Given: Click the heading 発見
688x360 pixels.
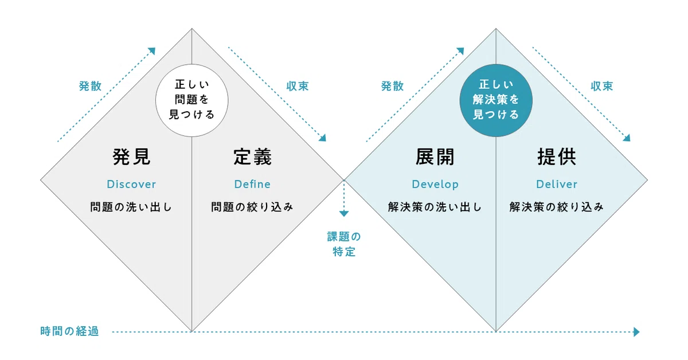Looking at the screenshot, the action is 131,157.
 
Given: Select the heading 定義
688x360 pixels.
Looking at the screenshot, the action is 252,157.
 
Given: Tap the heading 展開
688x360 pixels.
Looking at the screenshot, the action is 435,157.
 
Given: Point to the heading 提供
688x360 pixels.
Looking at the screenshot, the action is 557,157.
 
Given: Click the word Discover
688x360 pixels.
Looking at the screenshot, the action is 131,185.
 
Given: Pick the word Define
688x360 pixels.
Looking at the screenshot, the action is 252,185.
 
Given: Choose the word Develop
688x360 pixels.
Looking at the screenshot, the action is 435,185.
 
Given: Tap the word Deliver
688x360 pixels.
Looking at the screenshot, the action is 557,185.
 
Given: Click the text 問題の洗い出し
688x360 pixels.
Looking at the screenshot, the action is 131,207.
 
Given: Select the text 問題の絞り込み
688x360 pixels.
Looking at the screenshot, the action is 252,207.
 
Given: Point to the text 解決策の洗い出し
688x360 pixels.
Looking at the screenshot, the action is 435,207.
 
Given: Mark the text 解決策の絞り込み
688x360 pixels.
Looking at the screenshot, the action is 557,207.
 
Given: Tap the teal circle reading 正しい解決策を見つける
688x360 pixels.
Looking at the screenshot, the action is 496,100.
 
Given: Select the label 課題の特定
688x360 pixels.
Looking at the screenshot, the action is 344,244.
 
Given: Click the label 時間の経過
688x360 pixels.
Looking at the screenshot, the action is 70,331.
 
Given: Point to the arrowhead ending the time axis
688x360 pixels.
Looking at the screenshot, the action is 636,332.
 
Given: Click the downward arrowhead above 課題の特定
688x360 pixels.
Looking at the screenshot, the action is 344,214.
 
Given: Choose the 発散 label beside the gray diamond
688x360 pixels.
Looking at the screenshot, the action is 91,87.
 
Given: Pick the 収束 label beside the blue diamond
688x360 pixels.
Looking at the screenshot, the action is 602,87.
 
